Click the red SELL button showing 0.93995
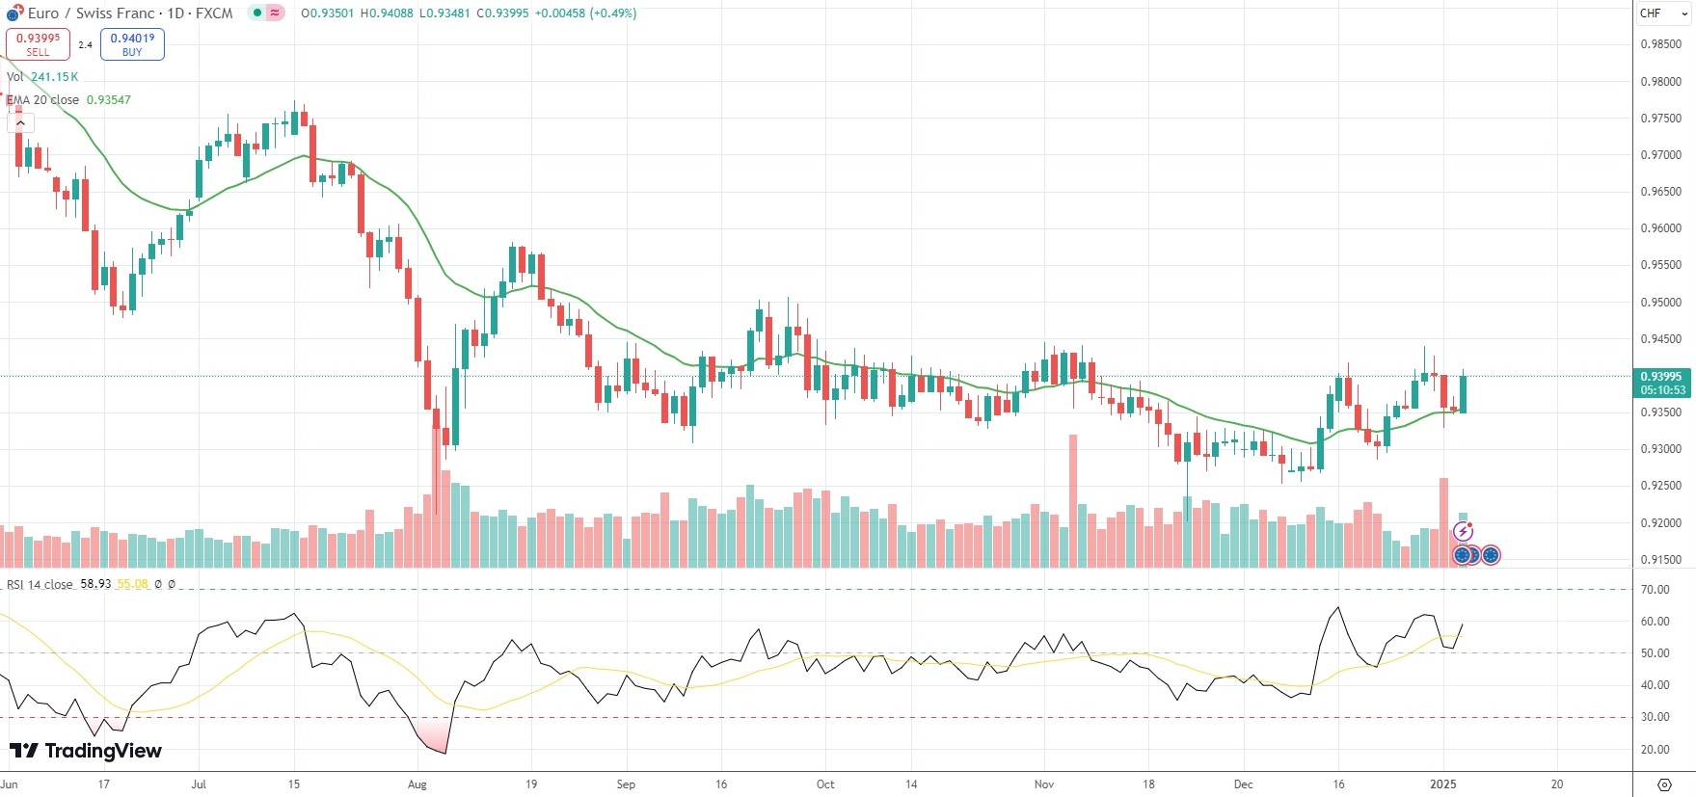[38, 44]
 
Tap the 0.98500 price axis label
[1660, 44]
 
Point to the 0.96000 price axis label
[1660, 228]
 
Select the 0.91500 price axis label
[1660, 560]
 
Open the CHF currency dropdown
[1663, 13]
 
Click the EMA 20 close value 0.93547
[109, 100]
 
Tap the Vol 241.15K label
[43, 77]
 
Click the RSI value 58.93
[95, 584]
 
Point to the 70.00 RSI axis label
[1656, 590]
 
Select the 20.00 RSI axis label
[1656, 750]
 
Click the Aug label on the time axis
[417, 784]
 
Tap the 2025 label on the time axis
[1443, 784]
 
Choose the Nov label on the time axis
[1044, 784]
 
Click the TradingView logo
[86, 751]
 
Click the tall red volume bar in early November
[1072, 501]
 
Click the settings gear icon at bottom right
[1664, 784]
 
